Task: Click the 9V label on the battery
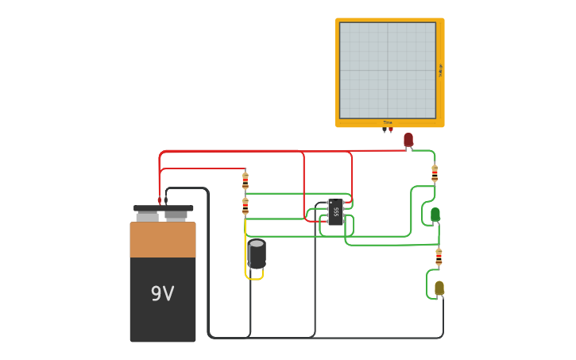point(162,294)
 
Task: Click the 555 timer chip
point(335,212)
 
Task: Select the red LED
point(408,140)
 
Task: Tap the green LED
point(435,215)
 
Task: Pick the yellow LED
point(439,288)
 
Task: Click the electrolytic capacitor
point(257,254)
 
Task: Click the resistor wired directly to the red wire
point(245,180)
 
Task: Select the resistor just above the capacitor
point(245,206)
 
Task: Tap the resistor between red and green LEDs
point(435,172)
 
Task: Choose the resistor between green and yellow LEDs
point(439,257)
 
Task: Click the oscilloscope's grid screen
point(388,70)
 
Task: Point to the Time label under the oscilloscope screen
point(388,122)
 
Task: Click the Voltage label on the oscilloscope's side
point(440,70)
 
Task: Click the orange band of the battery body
point(163,240)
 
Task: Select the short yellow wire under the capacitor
point(253,277)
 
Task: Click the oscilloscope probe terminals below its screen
point(388,129)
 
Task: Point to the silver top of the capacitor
point(257,244)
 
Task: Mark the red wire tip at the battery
point(159,200)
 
